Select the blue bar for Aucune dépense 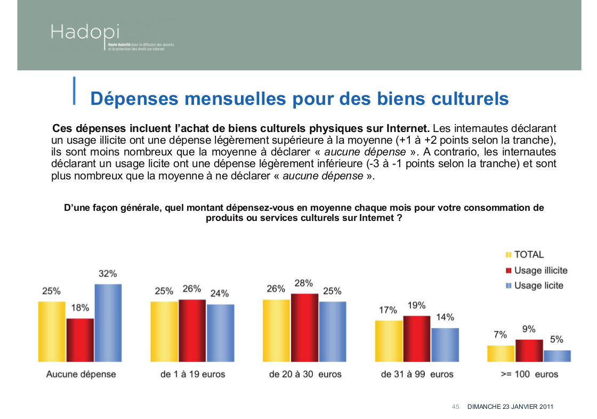(108, 323)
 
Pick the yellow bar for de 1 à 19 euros (164, 331)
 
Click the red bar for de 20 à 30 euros (304, 327)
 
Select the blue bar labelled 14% (445, 344)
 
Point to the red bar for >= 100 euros (529, 350)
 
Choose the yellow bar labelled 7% (501, 354)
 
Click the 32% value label (108, 274)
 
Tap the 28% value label (304, 283)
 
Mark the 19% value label (416, 306)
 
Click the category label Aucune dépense (81, 374)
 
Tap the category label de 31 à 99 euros (417, 374)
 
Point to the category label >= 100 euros (529, 374)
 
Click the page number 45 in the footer (456, 407)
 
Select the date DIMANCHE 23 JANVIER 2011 (510, 407)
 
